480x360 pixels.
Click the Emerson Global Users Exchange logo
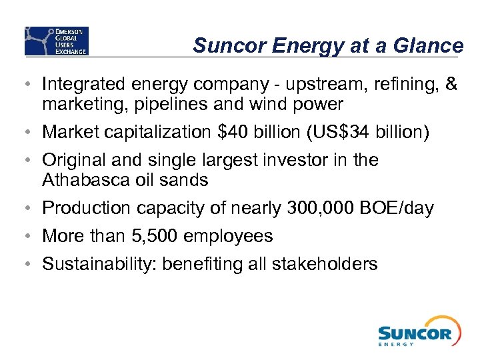[x=56, y=41]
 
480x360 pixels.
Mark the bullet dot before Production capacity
[x=31, y=208]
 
